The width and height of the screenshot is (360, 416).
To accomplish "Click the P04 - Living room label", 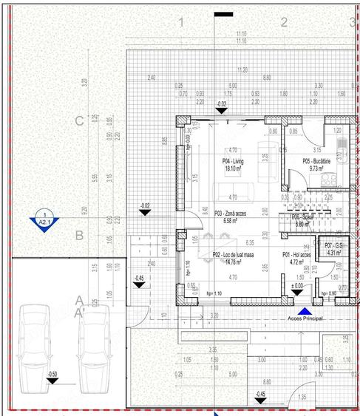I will click(x=233, y=161).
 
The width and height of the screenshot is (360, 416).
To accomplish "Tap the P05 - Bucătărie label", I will click(x=316, y=161).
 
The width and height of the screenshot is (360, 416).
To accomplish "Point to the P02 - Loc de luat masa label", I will click(x=234, y=254).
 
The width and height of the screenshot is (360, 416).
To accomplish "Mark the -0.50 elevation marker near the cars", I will click(x=52, y=376).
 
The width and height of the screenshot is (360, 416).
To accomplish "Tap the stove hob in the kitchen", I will click(x=342, y=172).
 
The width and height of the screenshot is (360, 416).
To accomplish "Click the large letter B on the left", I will click(x=78, y=236).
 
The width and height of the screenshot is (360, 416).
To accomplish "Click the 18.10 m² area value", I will click(x=234, y=168).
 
